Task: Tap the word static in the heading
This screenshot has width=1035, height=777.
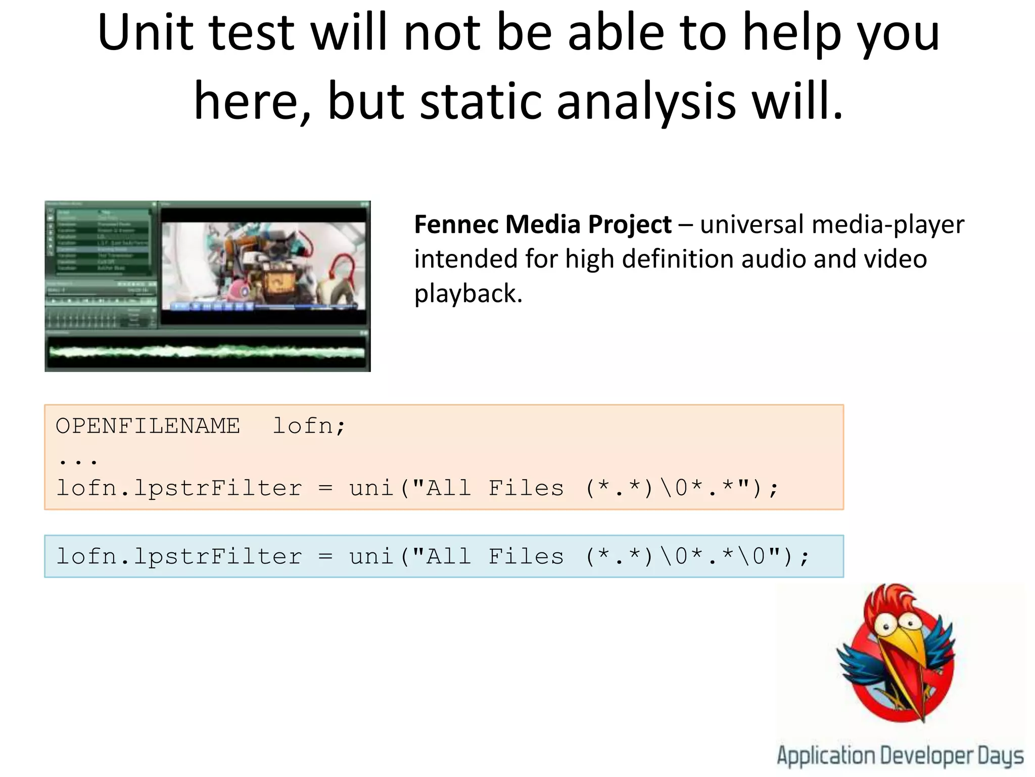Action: [481, 101]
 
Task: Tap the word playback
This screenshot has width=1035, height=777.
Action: [468, 293]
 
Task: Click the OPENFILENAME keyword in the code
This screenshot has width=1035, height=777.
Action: [148, 426]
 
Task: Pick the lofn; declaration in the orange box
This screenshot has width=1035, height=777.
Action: [309, 426]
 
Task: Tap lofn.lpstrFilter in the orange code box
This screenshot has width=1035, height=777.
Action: [179, 488]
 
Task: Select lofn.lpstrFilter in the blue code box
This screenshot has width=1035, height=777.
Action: [179, 556]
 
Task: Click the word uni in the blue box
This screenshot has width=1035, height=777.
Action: [371, 556]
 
